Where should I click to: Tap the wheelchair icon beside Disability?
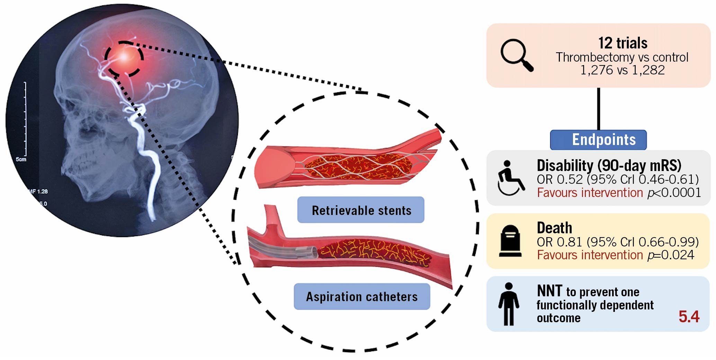tap(511, 178)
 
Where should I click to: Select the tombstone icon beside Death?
tap(510, 241)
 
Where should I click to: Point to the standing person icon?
tap(509, 304)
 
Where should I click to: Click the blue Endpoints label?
tap(598, 140)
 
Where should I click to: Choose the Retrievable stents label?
tap(361, 210)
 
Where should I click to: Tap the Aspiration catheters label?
tap(362, 297)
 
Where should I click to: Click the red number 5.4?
tap(689, 316)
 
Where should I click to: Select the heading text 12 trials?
tap(623, 43)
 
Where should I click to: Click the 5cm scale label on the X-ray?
tap(21, 160)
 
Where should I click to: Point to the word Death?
tap(554, 228)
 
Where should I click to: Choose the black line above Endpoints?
tap(598, 109)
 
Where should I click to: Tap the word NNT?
tap(549, 291)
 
